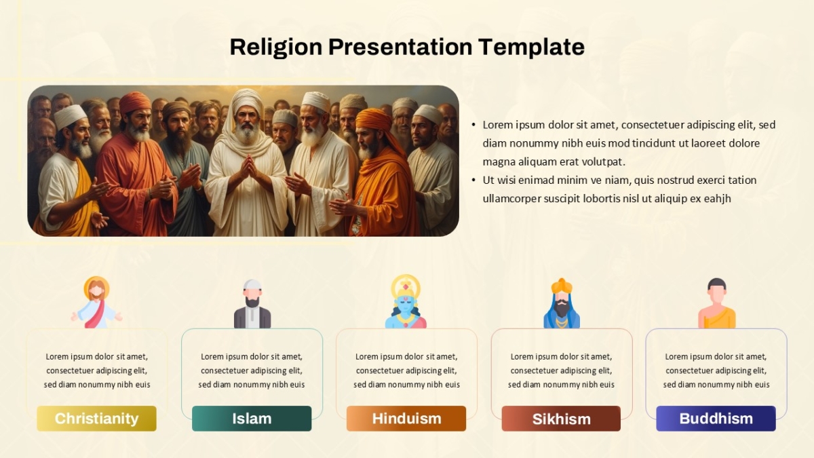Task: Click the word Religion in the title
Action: (x=276, y=47)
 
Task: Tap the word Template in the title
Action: (x=531, y=47)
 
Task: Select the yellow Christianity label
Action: (x=96, y=419)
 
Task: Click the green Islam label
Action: (x=252, y=419)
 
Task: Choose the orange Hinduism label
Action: (x=406, y=419)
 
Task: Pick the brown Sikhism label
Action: (x=561, y=419)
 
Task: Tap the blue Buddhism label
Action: (x=716, y=419)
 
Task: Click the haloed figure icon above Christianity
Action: (x=96, y=303)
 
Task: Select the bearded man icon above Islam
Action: (x=252, y=304)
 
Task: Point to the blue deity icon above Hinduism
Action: (x=406, y=302)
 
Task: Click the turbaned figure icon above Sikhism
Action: (x=562, y=303)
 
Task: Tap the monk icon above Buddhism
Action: (x=716, y=303)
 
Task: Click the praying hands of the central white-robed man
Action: (x=248, y=167)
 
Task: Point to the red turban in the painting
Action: (x=134, y=102)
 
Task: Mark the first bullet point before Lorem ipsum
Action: (x=473, y=125)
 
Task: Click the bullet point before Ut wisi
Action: (x=473, y=180)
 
